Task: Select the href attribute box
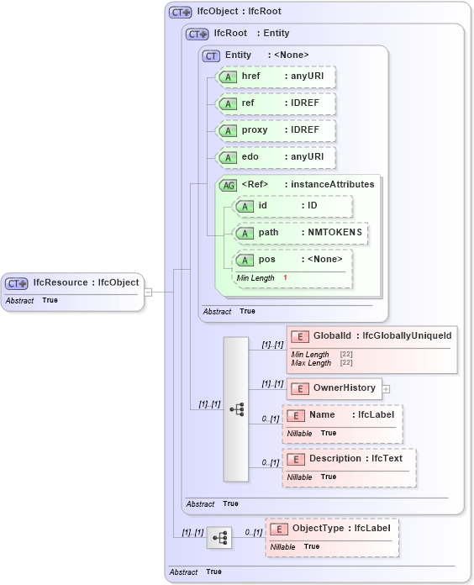276,77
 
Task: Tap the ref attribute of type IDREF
276,104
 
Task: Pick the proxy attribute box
276,131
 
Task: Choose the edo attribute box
276,157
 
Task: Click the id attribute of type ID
292,206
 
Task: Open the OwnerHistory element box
334,388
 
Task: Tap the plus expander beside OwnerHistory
387,388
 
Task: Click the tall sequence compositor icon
236,409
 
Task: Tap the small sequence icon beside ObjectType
219,538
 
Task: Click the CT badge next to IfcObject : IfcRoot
180,13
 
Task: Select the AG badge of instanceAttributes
227,185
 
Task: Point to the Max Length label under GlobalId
311,363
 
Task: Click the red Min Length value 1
285,277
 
